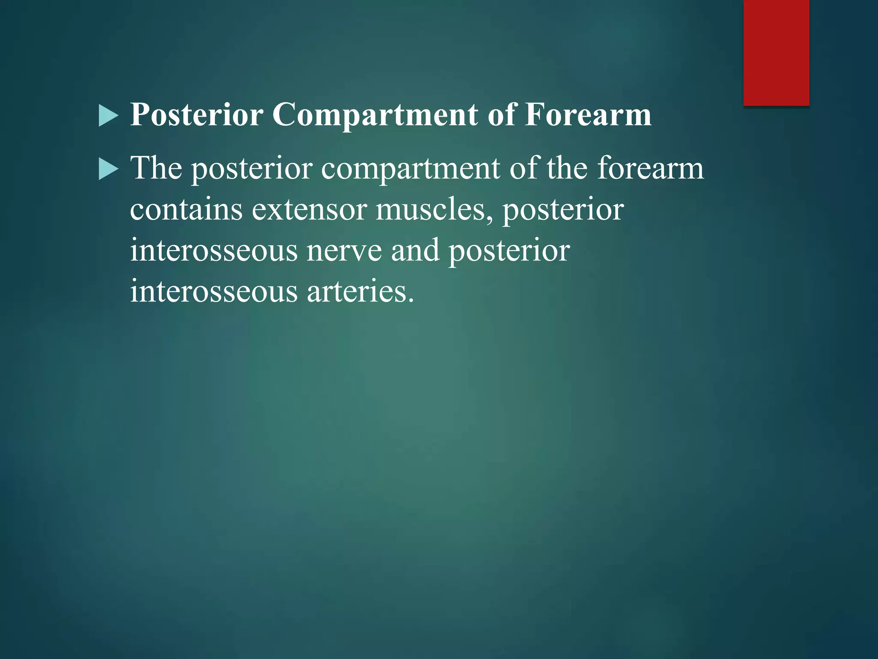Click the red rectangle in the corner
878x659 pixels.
coord(776,52)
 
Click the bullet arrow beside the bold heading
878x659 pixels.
coord(108,116)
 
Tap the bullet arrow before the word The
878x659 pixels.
coord(108,169)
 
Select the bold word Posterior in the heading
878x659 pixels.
coord(197,115)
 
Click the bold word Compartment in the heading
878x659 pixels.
coord(375,115)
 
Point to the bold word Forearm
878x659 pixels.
coord(588,115)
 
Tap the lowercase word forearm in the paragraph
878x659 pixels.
coord(650,168)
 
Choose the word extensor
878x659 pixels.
coord(309,210)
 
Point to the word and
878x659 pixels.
coord(415,250)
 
